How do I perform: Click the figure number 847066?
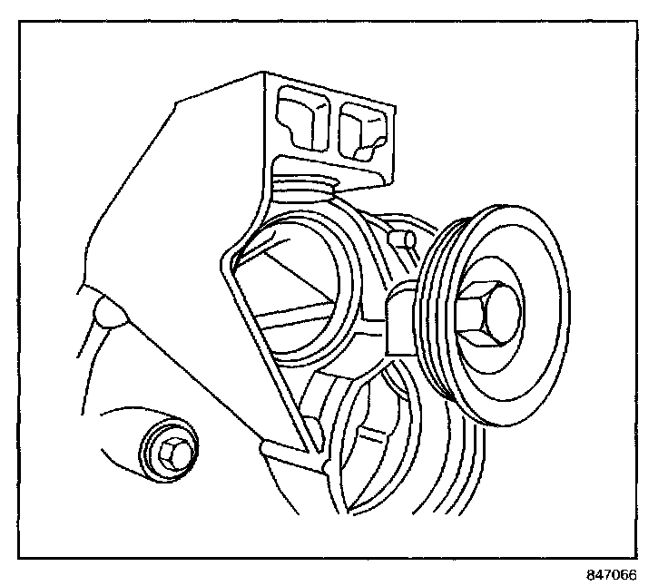611,574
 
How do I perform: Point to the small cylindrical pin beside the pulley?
401,239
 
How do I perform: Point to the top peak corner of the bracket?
265,72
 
